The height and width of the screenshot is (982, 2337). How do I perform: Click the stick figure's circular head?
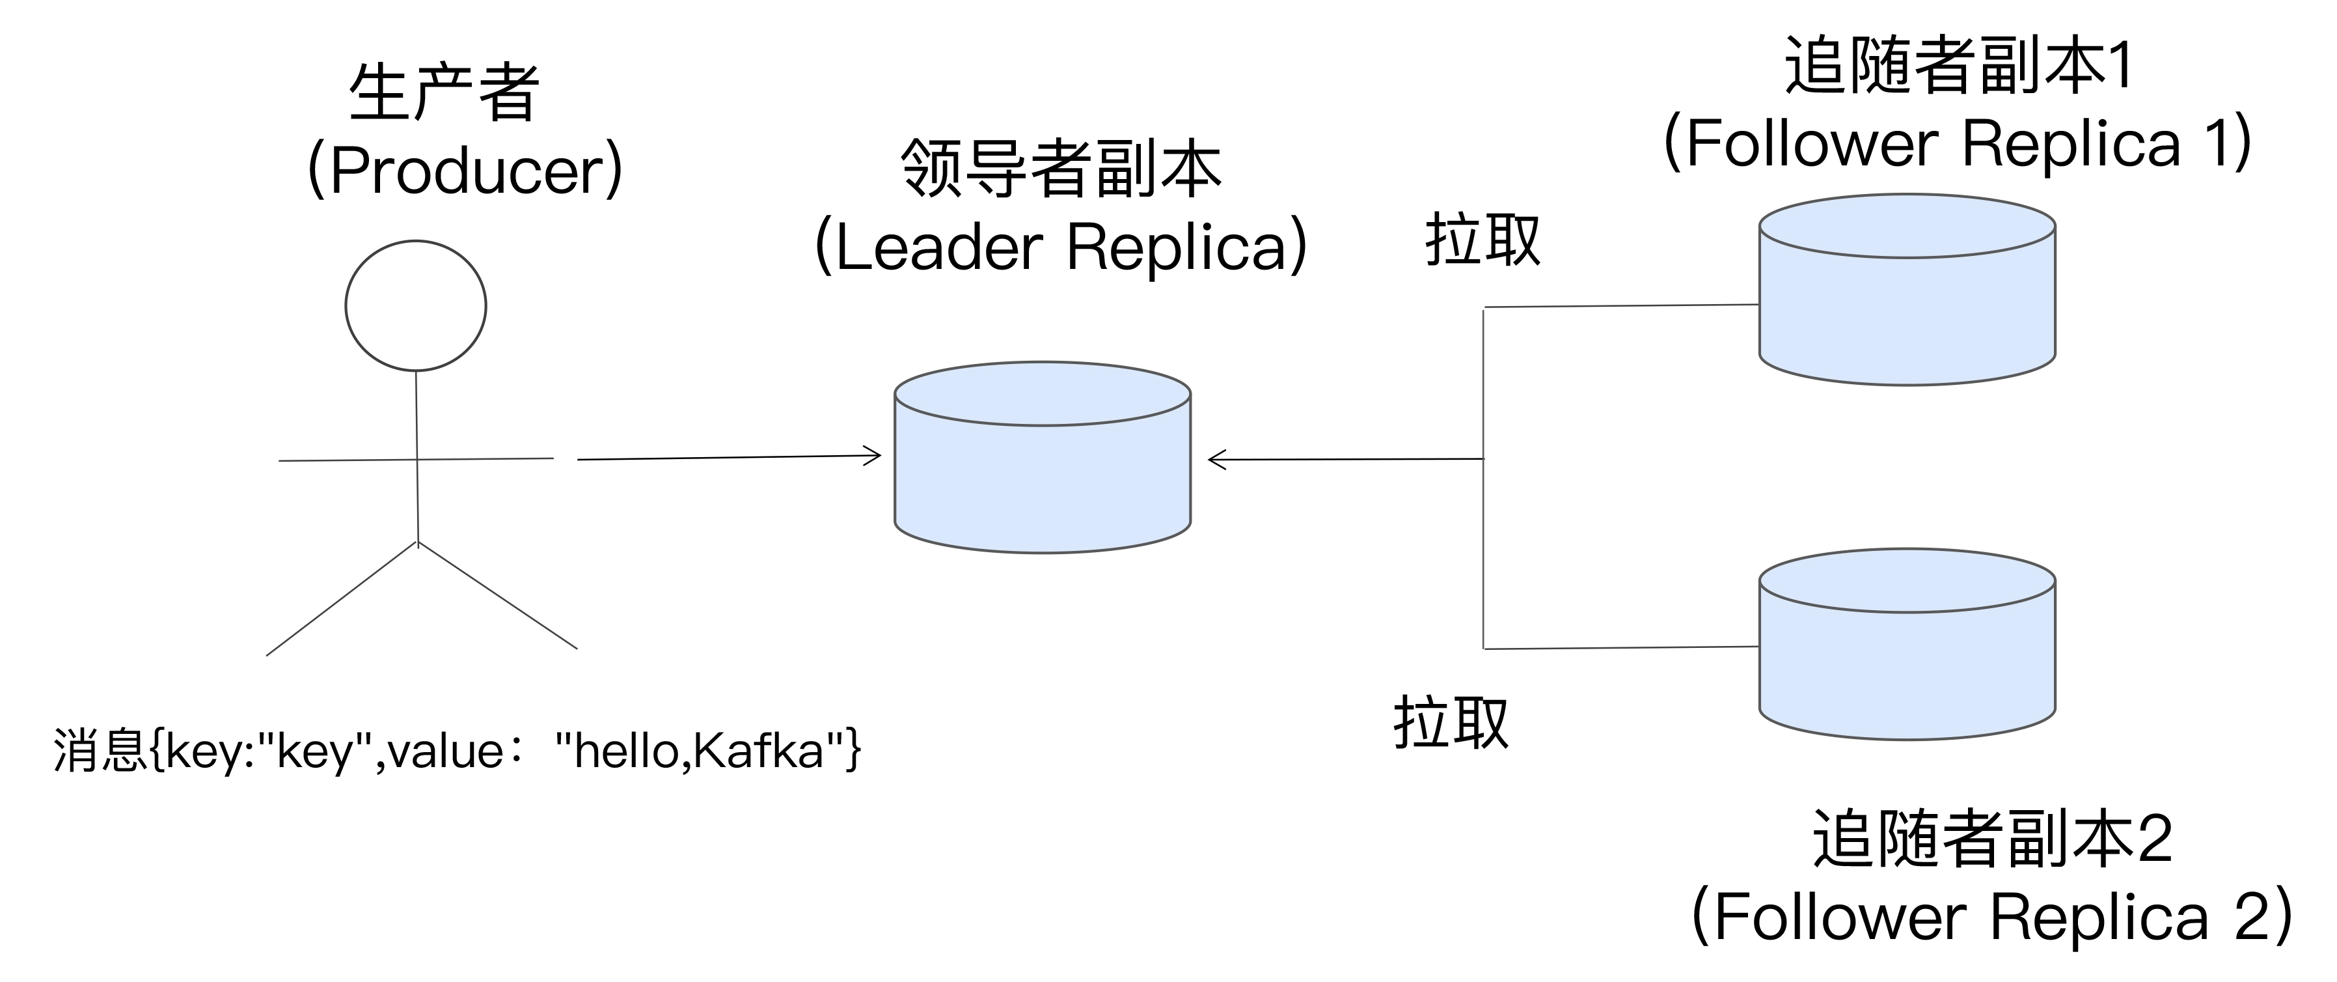[415, 306]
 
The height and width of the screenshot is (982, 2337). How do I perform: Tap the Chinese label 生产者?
[444, 92]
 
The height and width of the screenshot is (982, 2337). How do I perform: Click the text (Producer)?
[465, 170]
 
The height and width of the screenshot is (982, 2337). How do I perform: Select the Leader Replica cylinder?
[1043, 472]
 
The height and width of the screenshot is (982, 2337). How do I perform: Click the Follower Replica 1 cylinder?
[1906, 304]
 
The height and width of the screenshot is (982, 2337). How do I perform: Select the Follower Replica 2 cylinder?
[1906, 658]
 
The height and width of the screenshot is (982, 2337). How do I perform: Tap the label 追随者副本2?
[1992, 839]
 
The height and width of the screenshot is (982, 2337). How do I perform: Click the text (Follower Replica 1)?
[1958, 143]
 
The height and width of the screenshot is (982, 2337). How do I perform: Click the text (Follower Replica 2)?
[1992, 917]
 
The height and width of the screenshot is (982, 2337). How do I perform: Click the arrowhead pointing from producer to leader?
[872, 456]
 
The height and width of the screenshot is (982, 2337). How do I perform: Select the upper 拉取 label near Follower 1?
[1483, 240]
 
